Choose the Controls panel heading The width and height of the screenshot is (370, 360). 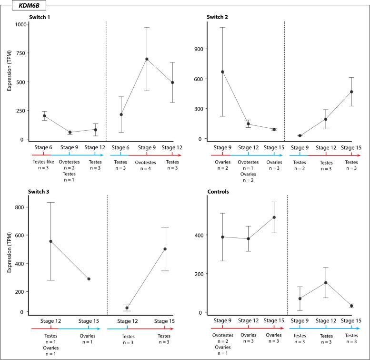pyautogui.click(x=217, y=192)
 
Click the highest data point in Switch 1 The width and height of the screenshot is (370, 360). pyautogui.click(x=147, y=59)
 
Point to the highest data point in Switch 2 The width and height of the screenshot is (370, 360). pyautogui.click(x=222, y=72)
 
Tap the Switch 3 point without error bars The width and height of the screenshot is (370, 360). pyautogui.click(x=89, y=279)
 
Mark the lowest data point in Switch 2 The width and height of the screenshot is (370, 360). pyautogui.click(x=300, y=136)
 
